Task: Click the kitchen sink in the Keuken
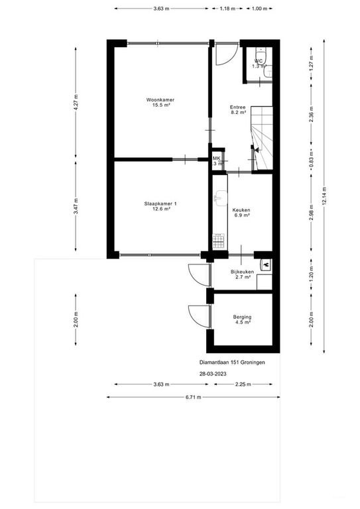point(221,198)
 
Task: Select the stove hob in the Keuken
point(219,241)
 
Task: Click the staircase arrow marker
point(256,150)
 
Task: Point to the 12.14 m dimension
point(324,196)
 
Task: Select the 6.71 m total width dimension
point(194,397)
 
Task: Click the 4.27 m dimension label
point(76,102)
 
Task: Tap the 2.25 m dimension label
point(243,384)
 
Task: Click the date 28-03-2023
point(213,374)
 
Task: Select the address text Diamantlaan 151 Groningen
point(232,363)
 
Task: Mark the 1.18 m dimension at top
point(227,9)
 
